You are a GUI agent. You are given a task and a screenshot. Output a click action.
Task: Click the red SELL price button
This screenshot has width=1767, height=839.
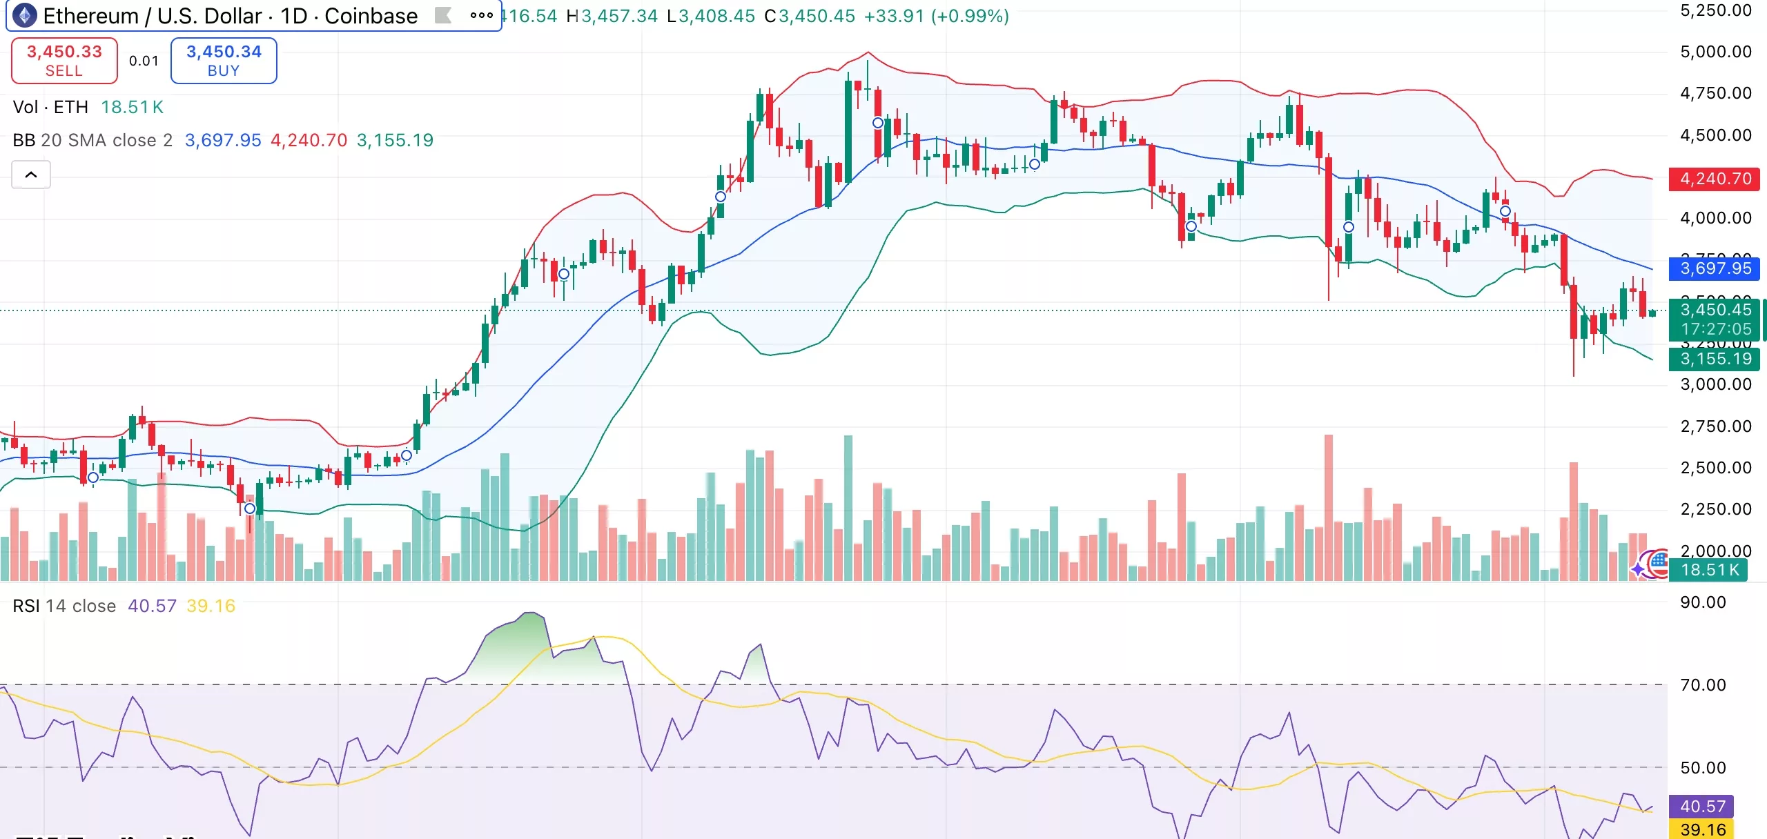(64, 61)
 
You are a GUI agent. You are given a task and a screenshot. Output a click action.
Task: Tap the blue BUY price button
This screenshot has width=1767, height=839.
(224, 61)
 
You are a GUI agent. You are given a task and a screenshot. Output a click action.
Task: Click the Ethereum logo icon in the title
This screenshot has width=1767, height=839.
(25, 15)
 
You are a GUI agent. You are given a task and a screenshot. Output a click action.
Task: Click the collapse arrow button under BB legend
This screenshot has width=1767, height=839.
(31, 175)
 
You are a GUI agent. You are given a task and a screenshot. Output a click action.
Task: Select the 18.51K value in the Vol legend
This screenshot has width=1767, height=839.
(132, 107)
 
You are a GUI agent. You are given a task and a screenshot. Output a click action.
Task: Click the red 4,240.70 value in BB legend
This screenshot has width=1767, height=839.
(309, 140)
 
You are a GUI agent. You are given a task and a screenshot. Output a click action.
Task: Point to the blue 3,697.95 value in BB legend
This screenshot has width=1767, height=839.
(223, 140)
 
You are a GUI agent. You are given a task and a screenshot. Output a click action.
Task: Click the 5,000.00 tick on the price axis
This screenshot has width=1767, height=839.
(1715, 52)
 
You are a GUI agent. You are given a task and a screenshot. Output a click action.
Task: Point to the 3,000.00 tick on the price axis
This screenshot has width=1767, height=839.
(1715, 384)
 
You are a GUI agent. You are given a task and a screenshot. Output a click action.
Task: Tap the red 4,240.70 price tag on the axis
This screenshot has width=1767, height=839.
(1715, 179)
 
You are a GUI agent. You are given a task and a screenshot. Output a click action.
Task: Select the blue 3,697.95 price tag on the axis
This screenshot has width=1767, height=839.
(1715, 268)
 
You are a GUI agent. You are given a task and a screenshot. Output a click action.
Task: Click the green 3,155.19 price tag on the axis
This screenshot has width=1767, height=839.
(1715, 359)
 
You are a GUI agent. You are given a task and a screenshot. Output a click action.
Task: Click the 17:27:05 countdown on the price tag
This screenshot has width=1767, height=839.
(1715, 329)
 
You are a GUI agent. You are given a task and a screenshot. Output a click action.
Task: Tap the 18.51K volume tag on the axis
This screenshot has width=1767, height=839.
(1708, 570)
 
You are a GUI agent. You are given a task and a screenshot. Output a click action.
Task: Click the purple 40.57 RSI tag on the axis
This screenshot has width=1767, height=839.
(1702, 806)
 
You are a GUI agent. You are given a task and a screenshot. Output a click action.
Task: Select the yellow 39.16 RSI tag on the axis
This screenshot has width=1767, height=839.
(1702, 829)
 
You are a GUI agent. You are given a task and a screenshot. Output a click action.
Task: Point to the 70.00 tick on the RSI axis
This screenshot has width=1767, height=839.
(1702, 685)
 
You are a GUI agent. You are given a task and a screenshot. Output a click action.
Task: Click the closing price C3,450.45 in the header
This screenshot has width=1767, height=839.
(810, 16)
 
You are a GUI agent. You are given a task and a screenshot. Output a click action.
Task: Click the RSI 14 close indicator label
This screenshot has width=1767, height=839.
(64, 606)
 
